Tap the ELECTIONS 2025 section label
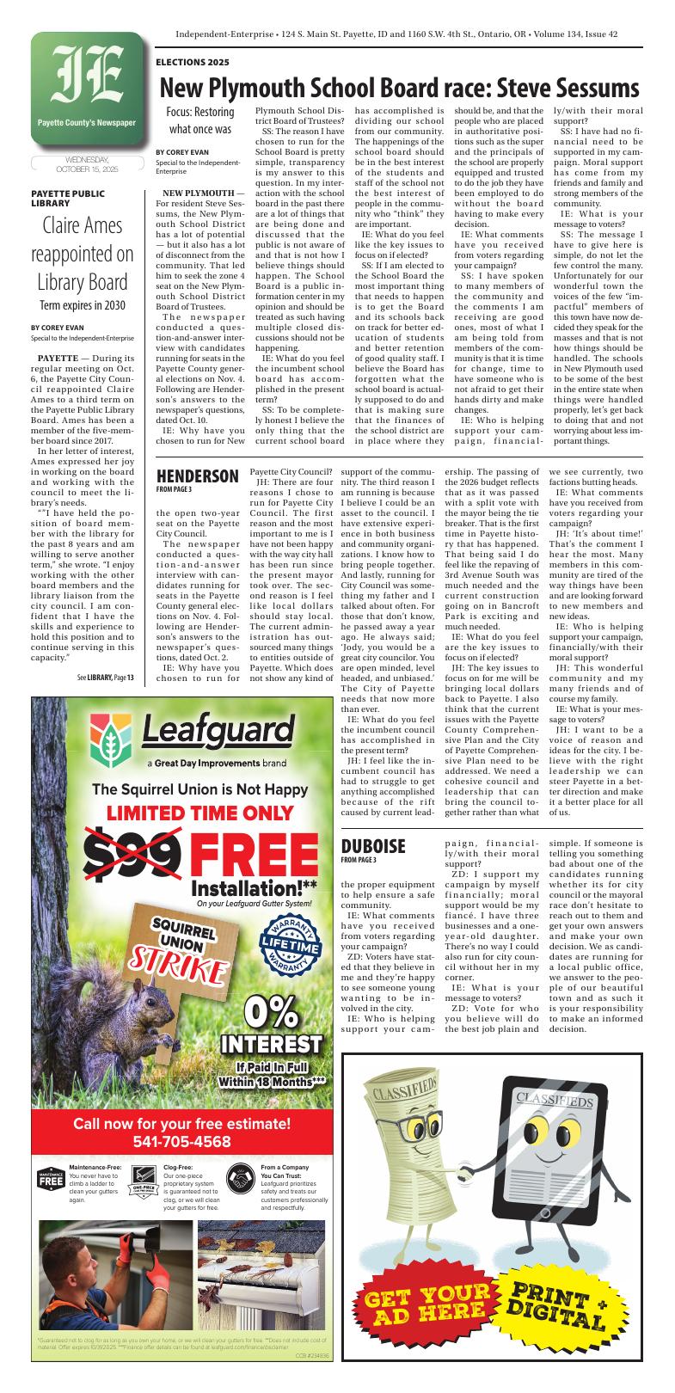point(193,63)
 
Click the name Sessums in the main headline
point(593,89)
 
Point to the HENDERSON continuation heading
point(197,476)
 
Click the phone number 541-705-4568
point(181,1142)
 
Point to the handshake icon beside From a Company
point(239,1177)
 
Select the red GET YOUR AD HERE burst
point(427,1316)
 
